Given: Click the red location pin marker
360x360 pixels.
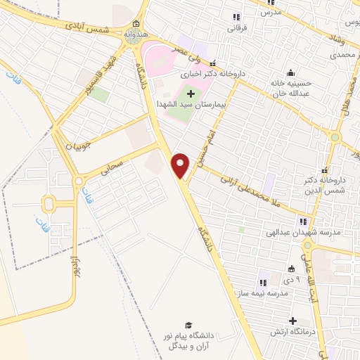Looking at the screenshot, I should click(181, 165).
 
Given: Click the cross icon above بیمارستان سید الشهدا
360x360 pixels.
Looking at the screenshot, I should click(191, 93).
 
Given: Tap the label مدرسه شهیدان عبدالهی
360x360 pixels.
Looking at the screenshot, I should click(306, 231).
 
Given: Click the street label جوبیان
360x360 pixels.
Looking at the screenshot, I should click(79, 147).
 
